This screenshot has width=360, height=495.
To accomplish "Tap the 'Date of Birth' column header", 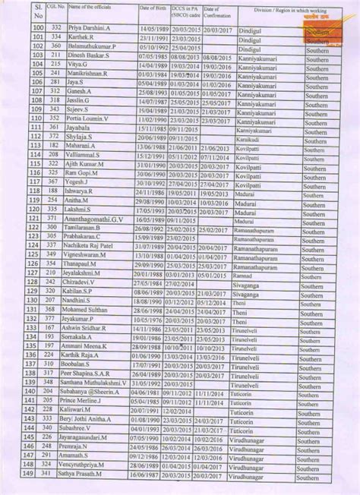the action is (x=151, y=8).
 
